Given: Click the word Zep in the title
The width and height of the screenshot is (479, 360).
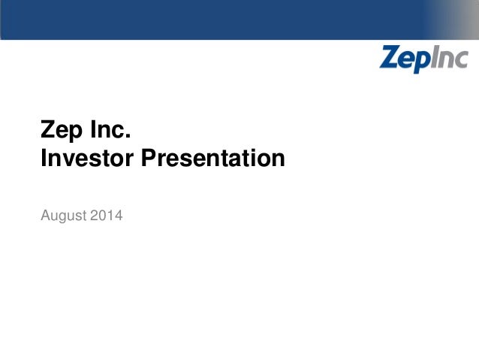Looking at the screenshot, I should click(x=61, y=132).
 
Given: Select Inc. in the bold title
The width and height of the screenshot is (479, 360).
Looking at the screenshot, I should click(x=111, y=131).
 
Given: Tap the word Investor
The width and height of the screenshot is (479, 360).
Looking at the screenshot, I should click(x=90, y=159).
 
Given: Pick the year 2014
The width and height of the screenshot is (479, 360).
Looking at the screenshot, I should click(x=107, y=216).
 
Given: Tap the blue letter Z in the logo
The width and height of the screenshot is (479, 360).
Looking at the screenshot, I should click(x=390, y=57).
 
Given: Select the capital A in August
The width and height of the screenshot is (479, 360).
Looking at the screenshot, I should click(x=47, y=216).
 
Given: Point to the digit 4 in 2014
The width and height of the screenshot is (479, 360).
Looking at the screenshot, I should click(x=119, y=216).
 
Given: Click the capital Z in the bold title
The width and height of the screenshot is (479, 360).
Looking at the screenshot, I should click(x=47, y=132).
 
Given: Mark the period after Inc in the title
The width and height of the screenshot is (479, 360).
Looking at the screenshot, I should click(x=128, y=137).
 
